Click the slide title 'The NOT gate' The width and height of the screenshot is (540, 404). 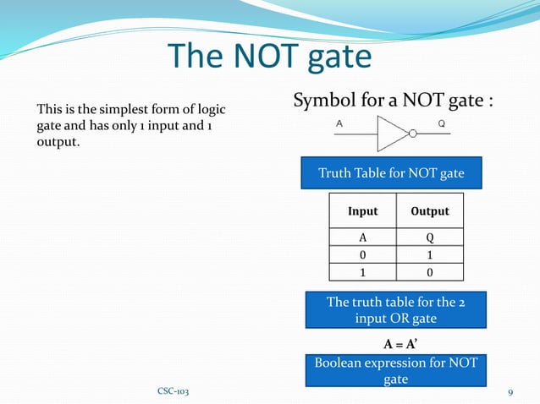coord(270,56)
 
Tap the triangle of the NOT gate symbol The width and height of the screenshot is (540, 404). coord(394,133)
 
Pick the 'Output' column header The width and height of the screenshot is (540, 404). coord(430,210)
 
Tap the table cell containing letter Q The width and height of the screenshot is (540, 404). coord(430,237)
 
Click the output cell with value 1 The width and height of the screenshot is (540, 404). coord(430,255)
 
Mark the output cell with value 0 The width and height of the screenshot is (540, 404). coord(430,272)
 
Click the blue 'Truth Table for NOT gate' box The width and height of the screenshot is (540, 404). coord(391,173)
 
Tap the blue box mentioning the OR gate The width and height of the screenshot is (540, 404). coord(395,311)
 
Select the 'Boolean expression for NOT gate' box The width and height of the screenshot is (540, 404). coord(395,370)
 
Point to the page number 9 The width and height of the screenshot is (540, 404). coord(511,392)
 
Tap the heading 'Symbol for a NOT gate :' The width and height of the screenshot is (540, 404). coord(393,102)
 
